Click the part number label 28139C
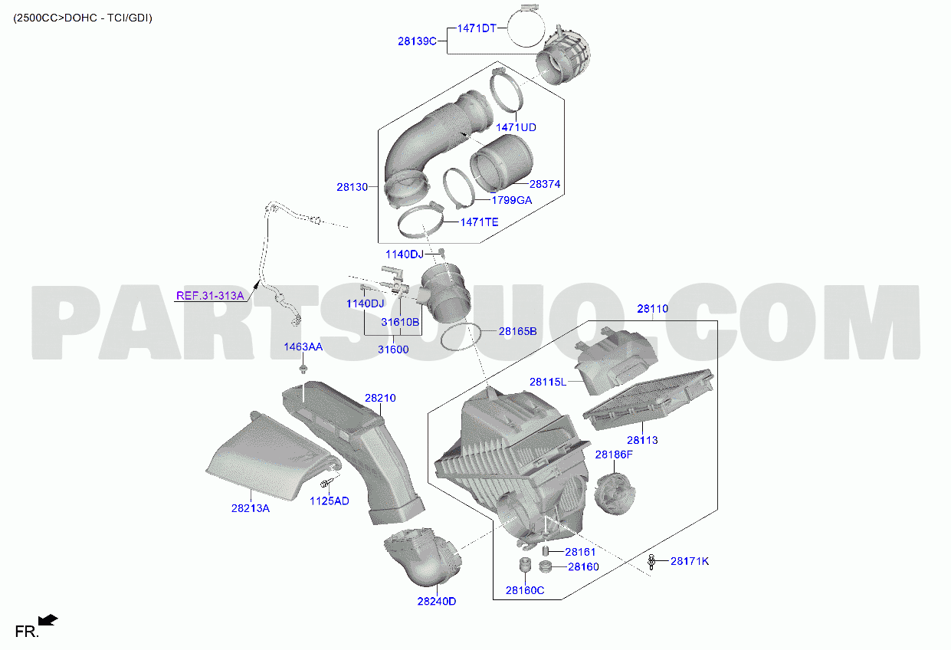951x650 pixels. [x=417, y=41]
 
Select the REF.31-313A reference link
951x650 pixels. [x=210, y=296]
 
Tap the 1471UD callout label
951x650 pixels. [x=516, y=127]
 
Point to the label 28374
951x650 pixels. [x=545, y=184]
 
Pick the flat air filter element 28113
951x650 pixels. [x=648, y=399]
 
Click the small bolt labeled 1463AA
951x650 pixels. [x=303, y=369]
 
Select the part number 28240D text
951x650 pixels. [x=437, y=602]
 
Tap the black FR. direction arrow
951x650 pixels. [x=48, y=620]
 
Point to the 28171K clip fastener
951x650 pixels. [x=651, y=562]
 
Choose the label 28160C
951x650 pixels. [x=525, y=590]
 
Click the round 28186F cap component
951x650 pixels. [x=615, y=494]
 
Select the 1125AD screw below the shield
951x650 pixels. [x=326, y=483]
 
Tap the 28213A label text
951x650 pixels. [x=251, y=509]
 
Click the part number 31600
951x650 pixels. [x=393, y=350]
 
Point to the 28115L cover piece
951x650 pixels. [x=615, y=360]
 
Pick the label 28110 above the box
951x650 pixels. [x=653, y=309]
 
